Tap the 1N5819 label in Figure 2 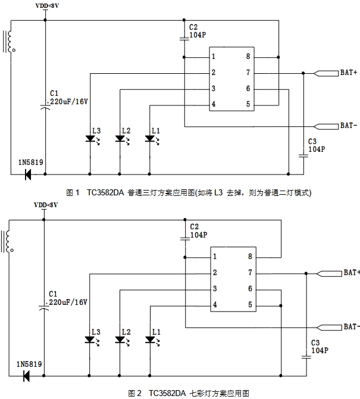tap(30, 363)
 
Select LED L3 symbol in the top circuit tap(90, 139)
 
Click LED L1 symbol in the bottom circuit tap(151, 339)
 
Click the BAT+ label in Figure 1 tap(348, 73)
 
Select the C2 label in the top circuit tap(193, 27)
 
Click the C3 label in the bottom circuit tap(316, 343)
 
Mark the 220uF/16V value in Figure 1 tap(68, 102)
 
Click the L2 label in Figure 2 tap(126, 331)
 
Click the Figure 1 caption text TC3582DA tap(105, 192)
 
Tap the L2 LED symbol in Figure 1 tap(120, 139)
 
